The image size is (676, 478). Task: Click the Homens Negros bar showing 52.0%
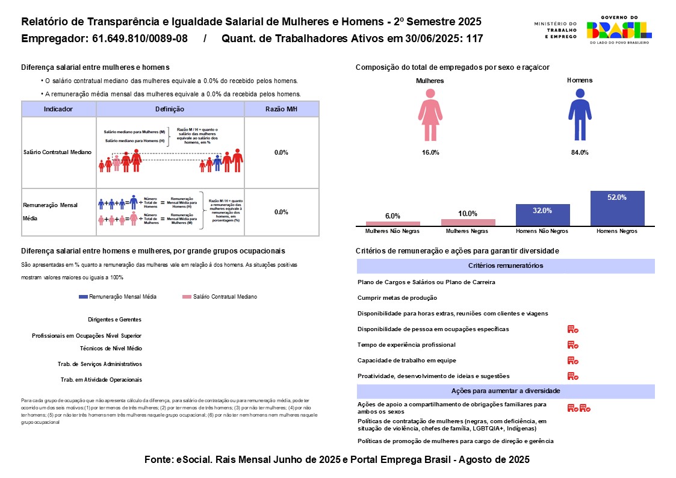click(x=617, y=208)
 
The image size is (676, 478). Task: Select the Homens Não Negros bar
click(x=542, y=215)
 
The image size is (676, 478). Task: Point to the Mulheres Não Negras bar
click(x=393, y=224)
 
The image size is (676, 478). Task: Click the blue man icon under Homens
click(x=580, y=114)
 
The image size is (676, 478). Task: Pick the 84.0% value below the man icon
click(x=580, y=152)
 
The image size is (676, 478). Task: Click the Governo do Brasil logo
click(x=618, y=30)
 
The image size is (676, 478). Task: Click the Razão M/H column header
click(x=281, y=109)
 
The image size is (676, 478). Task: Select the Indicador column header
click(x=58, y=109)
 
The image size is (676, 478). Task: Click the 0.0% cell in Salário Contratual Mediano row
click(x=281, y=152)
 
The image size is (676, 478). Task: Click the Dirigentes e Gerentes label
click(x=114, y=320)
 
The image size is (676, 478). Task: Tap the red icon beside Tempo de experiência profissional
click(x=572, y=345)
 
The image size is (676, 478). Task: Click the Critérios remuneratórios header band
click(x=506, y=265)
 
